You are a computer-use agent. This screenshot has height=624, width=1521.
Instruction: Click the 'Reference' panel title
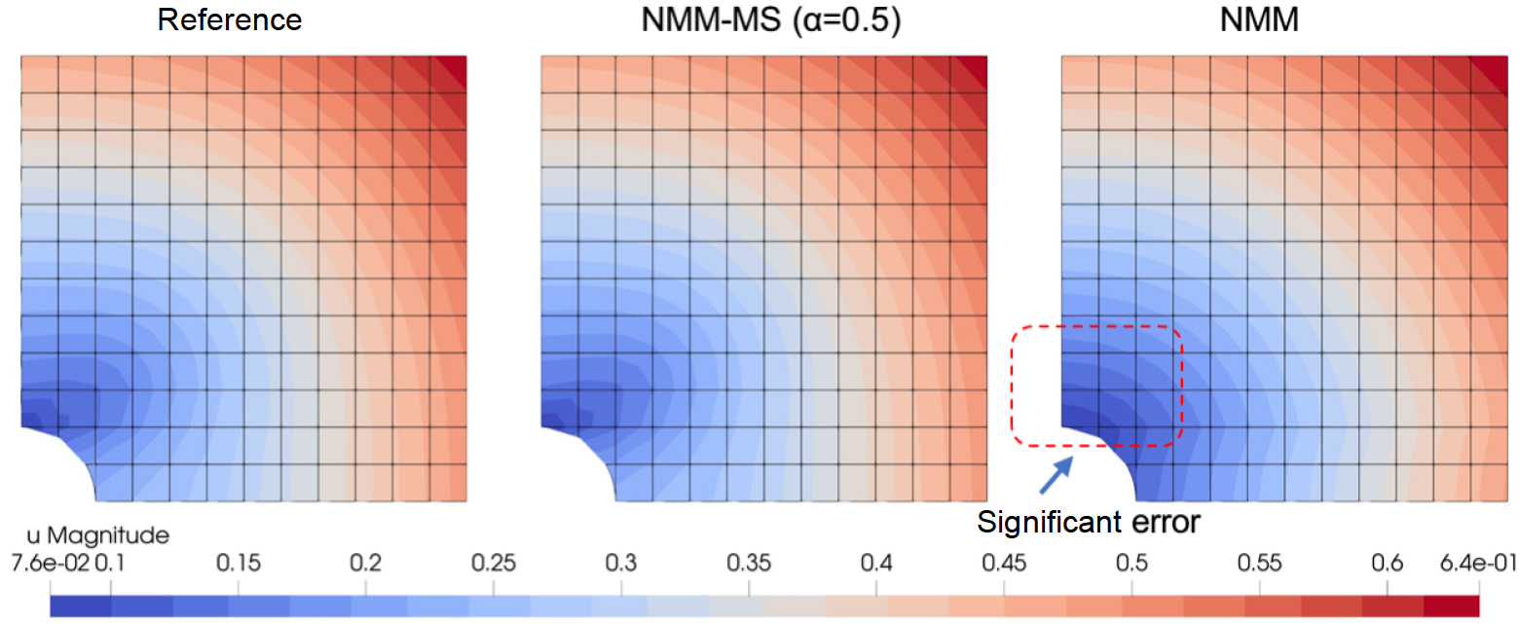[230, 19]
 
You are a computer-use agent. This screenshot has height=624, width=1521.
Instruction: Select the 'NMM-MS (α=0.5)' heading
[770, 19]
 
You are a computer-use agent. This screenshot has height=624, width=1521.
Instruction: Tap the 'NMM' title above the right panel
[1259, 19]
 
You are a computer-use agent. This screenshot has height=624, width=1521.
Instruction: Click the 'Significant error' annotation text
[1089, 522]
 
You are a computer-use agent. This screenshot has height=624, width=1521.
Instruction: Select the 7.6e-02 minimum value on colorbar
[53, 564]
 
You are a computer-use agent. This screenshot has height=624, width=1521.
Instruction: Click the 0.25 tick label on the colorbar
[493, 564]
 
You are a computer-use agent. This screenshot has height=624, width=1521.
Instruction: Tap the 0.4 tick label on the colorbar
[876, 564]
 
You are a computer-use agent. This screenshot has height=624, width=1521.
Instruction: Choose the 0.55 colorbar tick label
[1259, 564]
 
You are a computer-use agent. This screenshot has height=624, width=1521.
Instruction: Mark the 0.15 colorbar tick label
[238, 564]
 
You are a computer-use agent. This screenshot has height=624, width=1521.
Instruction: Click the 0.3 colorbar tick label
[621, 564]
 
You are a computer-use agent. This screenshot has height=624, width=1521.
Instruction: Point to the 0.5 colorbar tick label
[1131, 564]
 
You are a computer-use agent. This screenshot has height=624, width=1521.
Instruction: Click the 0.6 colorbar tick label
[1387, 564]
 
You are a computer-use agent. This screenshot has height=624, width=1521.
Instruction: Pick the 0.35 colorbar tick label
[749, 564]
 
